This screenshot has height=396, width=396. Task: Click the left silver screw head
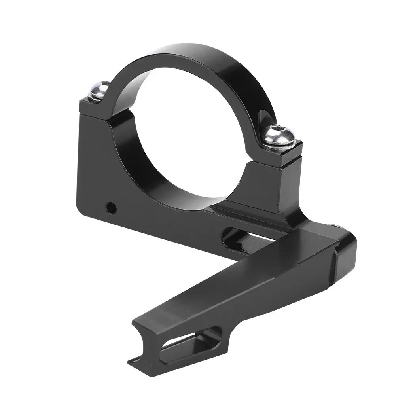(99, 91)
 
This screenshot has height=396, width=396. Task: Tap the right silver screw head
(279, 136)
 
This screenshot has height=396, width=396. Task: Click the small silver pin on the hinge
(336, 226)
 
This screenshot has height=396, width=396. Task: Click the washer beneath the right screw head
(279, 144)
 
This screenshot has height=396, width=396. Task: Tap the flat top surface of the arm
(237, 277)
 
